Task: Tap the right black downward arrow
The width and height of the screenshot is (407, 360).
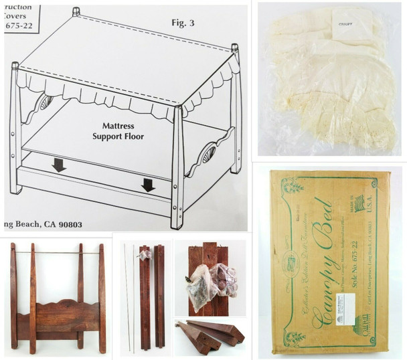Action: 148,185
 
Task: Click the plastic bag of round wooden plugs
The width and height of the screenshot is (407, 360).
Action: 222,281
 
